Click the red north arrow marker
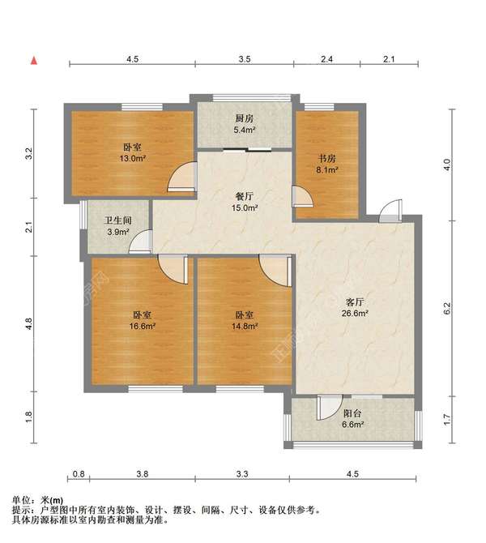pyautogui.click(x=34, y=61)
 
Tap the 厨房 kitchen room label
pyautogui.click(x=244, y=118)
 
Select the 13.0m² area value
pyautogui.click(x=132, y=159)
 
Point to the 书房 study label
pyautogui.click(x=327, y=159)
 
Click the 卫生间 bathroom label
pyautogui.click(x=117, y=220)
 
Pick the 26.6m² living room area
pyautogui.click(x=355, y=314)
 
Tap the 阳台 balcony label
pyautogui.click(x=352, y=413)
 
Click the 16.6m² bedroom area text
pyautogui.click(x=142, y=326)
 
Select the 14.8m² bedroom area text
pyautogui.click(x=245, y=326)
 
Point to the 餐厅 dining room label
pyautogui.click(x=244, y=197)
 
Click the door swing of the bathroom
pyautogui.click(x=140, y=242)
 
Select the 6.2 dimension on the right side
pyautogui.click(x=447, y=308)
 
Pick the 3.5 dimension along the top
pyautogui.click(x=245, y=59)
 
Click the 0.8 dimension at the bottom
pyautogui.click(x=79, y=474)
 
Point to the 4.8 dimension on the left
pyautogui.click(x=28, y=323)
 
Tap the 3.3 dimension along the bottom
pyautogui.click(x=242, y=474)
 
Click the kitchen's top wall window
pyautogui.click(x=251, y=97)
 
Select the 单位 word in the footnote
pyautogui.click(x=21, y=500)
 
